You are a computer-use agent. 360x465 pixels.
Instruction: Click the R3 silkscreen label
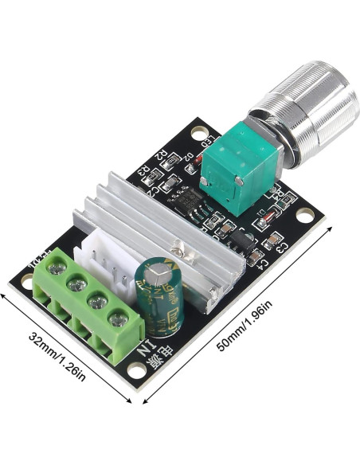pyautogui.click(x=143, y=169)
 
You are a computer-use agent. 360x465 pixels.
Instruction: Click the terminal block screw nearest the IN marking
pyautogui.click(x=119, y=321)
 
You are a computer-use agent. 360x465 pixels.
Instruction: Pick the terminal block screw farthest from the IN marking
pyautogui.click(x=57, y=269)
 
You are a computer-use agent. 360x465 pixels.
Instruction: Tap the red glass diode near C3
pyautogui.click(x=270, y=214)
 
